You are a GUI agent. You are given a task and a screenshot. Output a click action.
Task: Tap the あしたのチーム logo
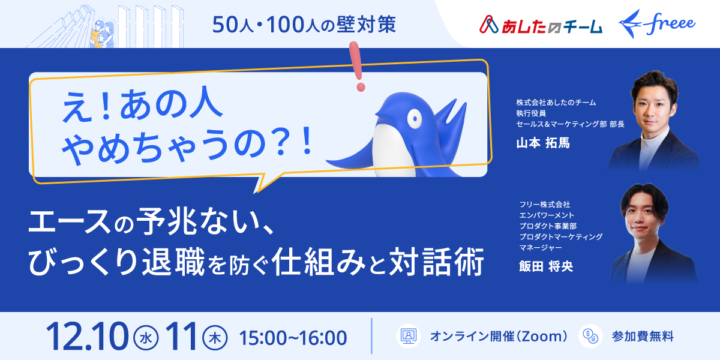point(541,25)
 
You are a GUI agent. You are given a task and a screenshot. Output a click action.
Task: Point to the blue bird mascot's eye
point(413,119)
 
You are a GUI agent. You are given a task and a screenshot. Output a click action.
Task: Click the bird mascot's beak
point(379,110)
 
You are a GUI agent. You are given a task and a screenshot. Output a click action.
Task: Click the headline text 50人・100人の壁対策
point(305,25)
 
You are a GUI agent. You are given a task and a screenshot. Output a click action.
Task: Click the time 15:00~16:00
point(293,337)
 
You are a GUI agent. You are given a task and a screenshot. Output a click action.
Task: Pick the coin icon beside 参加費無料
point(590,336)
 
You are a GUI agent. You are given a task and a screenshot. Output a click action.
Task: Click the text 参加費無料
point(643,337)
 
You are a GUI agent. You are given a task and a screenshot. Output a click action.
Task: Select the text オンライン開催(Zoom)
point(499,337)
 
